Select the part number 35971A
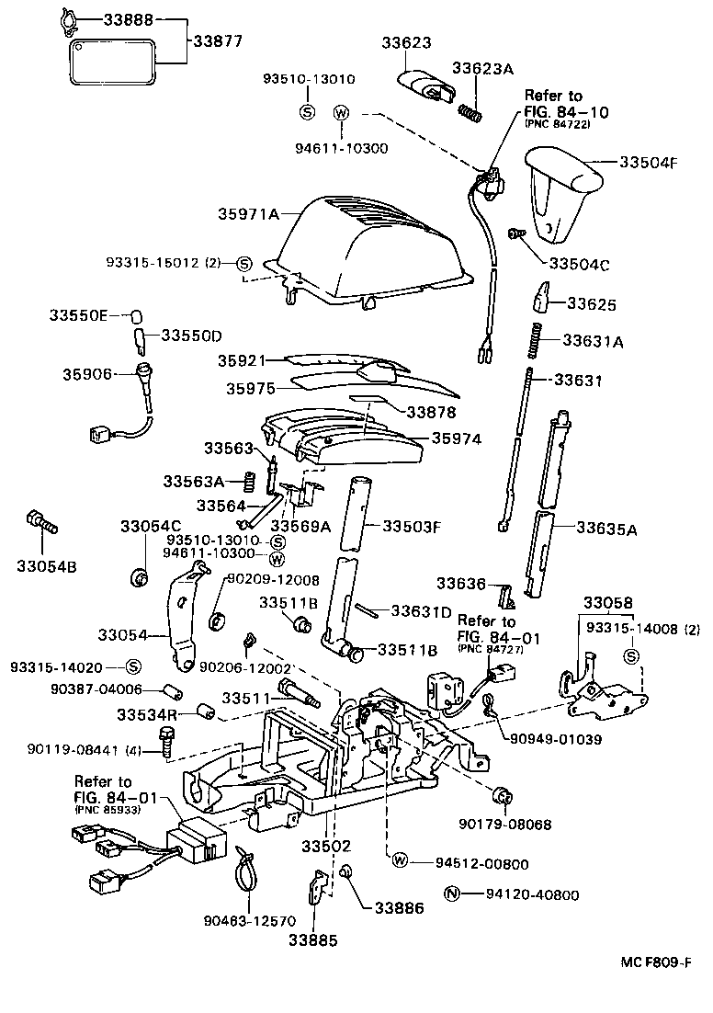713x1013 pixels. (x=248, y=214)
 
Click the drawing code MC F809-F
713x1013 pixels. (x=653, y=962)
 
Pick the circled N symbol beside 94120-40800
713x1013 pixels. (x=451, y=893)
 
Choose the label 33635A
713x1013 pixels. (x=606, y=529)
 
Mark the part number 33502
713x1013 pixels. (x=327, y=844)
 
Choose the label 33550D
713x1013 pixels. (x=192, y=336)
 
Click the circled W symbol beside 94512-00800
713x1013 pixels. (x=401, y=861)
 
